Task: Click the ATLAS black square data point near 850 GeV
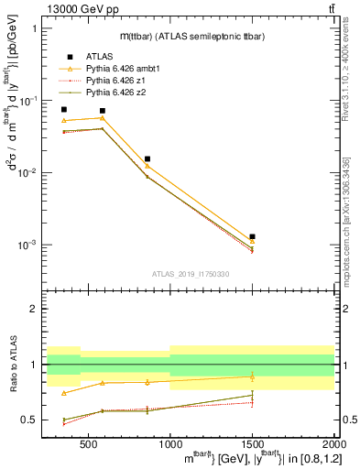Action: [x=147, y=158]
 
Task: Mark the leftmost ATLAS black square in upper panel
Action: [x=63, y=109]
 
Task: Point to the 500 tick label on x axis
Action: [x=88, y=442]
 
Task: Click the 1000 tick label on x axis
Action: [x=170, y=442]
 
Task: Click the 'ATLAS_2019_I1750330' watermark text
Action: [x=191, y=274]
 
